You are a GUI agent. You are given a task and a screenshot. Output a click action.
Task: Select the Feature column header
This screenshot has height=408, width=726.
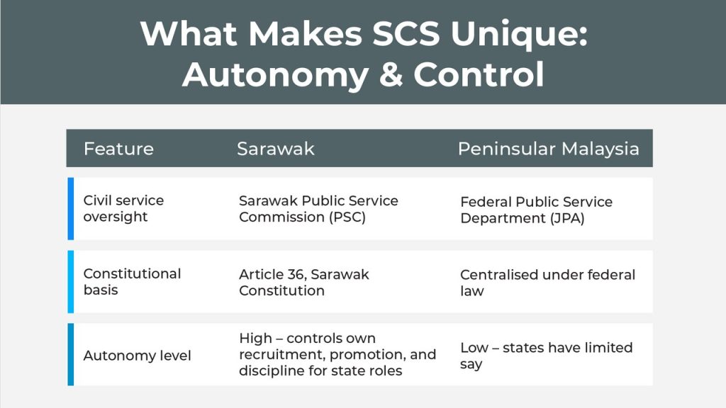118,149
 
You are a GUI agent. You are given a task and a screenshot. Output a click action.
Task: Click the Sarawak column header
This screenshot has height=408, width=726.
276,149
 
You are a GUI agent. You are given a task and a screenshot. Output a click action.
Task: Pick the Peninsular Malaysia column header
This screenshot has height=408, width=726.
548,149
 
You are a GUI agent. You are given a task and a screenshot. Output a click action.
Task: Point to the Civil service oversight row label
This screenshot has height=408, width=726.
123,209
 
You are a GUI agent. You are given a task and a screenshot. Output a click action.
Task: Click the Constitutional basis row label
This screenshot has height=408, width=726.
132,282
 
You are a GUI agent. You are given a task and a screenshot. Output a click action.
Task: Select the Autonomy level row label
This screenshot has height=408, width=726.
137,356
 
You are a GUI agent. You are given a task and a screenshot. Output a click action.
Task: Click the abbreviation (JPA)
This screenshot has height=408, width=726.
567,218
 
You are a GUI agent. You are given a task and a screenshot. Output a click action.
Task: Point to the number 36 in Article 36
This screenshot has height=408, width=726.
296,274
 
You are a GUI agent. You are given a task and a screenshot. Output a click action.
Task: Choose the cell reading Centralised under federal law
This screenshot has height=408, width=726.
547,283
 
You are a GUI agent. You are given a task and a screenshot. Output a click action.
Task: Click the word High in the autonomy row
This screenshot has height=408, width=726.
255,339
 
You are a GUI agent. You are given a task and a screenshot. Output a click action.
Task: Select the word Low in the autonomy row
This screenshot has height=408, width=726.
474,348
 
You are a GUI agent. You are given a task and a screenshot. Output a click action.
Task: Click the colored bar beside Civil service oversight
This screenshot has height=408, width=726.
71,209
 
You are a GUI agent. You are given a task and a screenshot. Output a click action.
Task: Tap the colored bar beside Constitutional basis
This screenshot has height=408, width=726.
71,282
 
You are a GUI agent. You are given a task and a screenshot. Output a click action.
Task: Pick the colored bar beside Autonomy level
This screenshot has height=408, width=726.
71,354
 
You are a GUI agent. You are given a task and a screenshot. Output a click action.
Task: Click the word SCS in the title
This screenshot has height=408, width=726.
406,34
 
